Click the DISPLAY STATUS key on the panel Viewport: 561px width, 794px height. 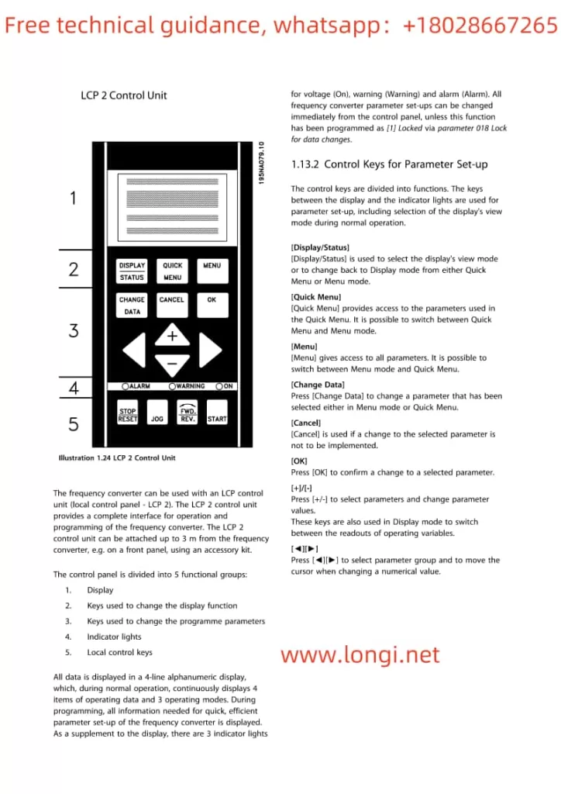(x=132, y=271)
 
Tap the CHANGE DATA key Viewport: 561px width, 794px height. (x=132, y=305)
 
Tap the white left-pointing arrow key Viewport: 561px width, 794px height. (x=134, y=350)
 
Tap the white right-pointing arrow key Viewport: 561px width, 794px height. (x=210, y=350)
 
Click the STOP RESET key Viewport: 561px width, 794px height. (x=128, y=414)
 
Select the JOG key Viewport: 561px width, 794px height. (x=157, y=414)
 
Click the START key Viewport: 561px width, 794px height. (x=217, y=414)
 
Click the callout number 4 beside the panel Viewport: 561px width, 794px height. (x=73, y=388)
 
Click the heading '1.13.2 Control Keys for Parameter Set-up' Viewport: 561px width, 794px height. (x=389, y=164)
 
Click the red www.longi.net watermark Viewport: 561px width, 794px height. (x=360, y=655)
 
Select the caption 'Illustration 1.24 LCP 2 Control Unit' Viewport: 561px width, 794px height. (x=117, y=457)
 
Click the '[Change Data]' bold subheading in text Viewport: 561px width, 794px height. (x=317, y=385)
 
